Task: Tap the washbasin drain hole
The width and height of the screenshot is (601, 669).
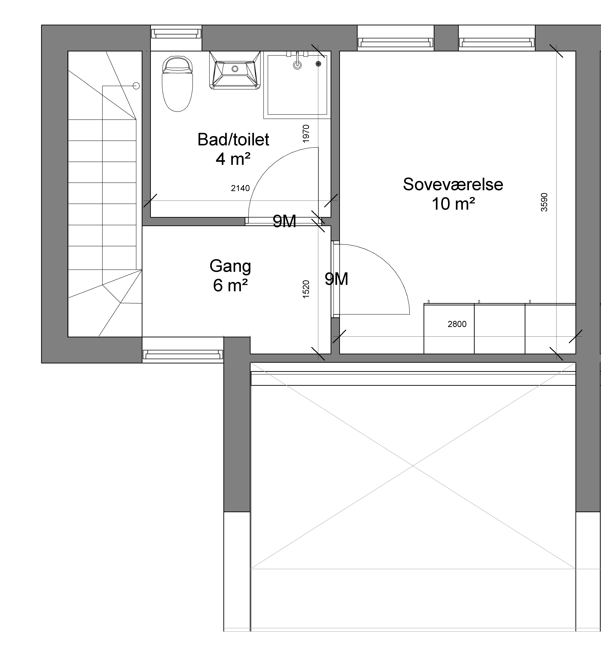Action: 235,69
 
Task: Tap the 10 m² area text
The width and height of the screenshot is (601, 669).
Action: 453,204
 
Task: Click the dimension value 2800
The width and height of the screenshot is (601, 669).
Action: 457,324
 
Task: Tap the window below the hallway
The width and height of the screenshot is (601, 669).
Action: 183,355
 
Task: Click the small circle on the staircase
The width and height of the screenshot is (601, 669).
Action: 136,86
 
